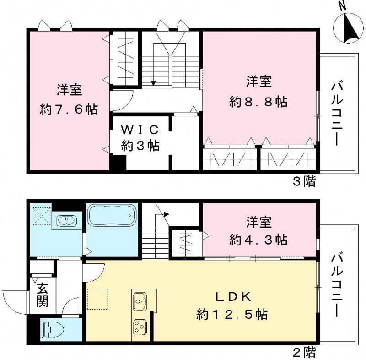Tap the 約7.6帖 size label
pos(69,110)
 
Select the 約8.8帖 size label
pos(259,102)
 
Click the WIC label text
pos(140,129)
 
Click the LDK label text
pos(232,297)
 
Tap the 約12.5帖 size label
pos(232,315)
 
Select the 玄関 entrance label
pos(42,295)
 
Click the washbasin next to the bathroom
pos(67,221)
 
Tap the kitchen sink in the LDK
pos(140,302)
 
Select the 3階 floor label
pos(304,181)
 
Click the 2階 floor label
pos(304,353)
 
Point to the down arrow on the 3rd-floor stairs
pos(153,82)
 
